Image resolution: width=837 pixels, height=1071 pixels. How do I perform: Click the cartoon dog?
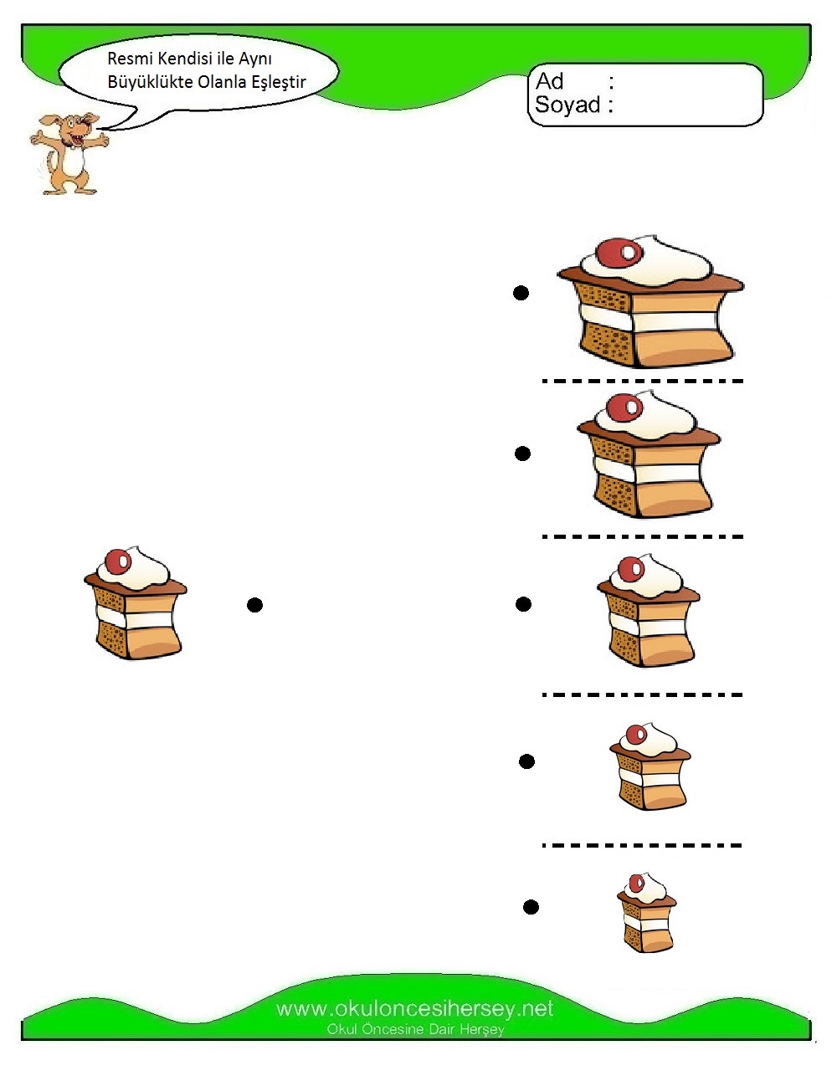(69, 153)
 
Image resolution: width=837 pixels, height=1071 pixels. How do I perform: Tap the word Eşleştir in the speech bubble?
(279, 82)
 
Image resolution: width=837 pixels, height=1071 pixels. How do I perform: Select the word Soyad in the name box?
(567, 105)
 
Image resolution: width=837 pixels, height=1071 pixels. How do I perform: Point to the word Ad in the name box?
(550, 81)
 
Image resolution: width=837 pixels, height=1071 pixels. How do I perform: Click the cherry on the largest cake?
(619, 252)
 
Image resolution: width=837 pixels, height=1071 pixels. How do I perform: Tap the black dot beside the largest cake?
(521, 293)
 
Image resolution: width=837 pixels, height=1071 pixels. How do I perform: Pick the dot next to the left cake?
(254, 605)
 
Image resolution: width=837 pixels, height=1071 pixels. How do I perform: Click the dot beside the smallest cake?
(531, 907)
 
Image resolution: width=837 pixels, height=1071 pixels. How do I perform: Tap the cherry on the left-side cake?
(119, 562)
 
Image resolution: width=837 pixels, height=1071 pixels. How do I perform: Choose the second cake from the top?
(649, 454)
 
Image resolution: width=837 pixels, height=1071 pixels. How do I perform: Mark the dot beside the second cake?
(522, 454)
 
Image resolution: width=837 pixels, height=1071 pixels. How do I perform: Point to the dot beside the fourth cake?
(526, 761)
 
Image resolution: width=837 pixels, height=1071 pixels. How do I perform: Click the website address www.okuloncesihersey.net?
(415, 1008)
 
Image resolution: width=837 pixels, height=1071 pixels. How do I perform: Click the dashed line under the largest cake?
(642, 381)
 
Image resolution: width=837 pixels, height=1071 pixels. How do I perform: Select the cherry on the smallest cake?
(637, 884)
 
